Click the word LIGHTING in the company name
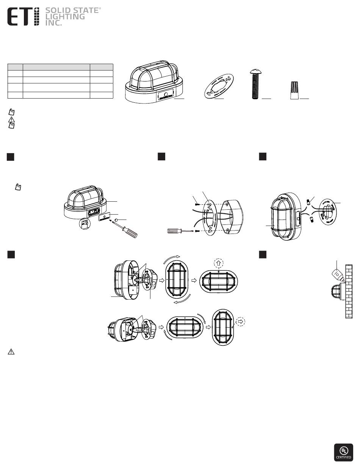point(65,17)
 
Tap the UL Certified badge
point(343,452)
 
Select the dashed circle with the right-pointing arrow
point(241,321)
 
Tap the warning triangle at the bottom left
point(11,352)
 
